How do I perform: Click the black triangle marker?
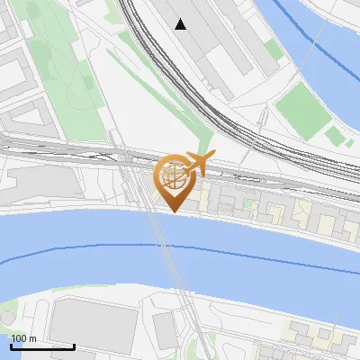[x=181, y=24]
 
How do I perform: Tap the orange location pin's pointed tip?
[x=173, y=211]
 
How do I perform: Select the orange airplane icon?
[x=198, y=164]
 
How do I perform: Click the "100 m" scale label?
[x=23, y=337]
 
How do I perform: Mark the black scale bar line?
[x=42, y=346]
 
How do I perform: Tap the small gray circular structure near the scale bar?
[x=7, y=318]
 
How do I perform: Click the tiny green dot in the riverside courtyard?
[x=250, y=206]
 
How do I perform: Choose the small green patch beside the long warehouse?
[x=272, y=50]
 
